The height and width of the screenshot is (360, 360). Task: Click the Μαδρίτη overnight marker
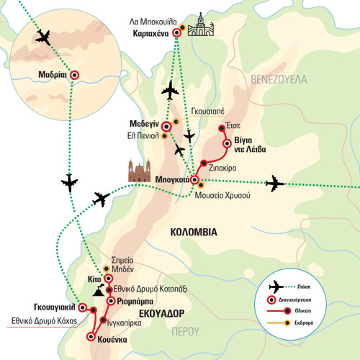[75, 75]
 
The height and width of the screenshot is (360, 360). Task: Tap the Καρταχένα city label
[150, 33]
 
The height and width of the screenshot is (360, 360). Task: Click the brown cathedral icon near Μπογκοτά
[140, 171]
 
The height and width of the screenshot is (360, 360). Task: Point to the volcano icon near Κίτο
[99, 290]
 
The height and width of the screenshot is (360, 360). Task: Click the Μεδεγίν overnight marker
[166, 126]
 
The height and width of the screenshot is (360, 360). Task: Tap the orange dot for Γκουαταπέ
[176, 122]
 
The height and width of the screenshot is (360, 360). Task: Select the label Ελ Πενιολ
[143, 136]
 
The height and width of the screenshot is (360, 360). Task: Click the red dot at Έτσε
[222, 128]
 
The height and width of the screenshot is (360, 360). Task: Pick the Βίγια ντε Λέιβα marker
[227, 143]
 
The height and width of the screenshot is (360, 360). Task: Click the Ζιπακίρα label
[222, 168]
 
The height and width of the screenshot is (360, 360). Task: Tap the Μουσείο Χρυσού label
[222, 195]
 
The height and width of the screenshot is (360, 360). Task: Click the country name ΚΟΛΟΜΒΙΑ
[194, 233]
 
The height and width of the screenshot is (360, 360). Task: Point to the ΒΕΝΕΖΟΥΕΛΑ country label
[279, 79]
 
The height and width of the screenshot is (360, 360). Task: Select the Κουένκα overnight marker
[91, 337]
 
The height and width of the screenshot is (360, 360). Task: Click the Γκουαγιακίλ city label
[55, 307]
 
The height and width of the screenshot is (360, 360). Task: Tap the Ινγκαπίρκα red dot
[103, 320]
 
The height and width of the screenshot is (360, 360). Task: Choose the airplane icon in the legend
[276, 287]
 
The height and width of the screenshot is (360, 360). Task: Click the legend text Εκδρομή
[304, 323]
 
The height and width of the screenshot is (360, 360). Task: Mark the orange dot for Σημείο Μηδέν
[106, 269]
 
